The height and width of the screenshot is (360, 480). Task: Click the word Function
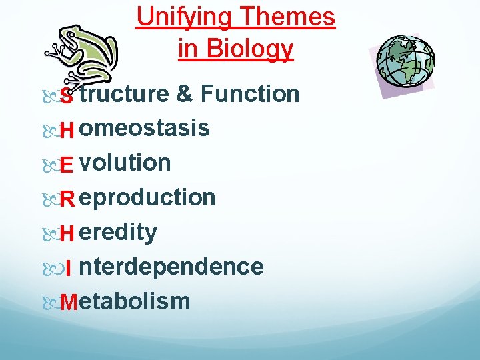[250, 94]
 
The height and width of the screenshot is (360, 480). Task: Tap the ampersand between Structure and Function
[185, 94]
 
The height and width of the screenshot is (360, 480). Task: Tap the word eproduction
[147, 198]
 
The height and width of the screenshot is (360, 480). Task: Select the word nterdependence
[171, 267]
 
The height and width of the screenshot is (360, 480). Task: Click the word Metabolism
[125, 301]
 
